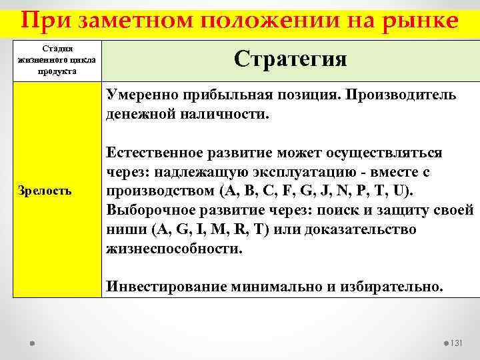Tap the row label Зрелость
pos(45,191)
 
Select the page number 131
pos(457,343)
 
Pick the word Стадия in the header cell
pos(57,49)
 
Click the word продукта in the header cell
pos(57,71)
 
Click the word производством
pos(159,192)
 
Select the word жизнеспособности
pos(173,249)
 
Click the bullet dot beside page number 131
pos(445,343)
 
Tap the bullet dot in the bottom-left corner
pos(32,343)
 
